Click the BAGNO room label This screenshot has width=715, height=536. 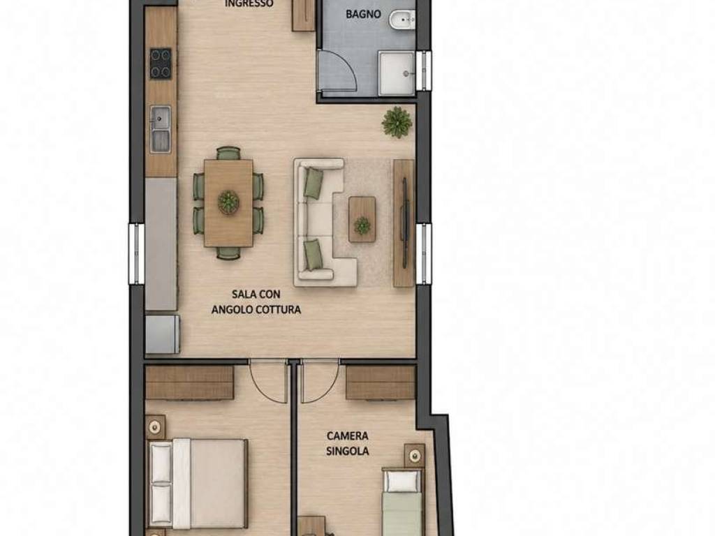[x=363, y=14]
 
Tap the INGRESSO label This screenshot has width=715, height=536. [x=249, y=3]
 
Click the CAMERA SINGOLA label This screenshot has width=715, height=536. [x=348, y=443]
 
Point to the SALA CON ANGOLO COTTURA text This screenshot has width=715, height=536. [x=256, y=301]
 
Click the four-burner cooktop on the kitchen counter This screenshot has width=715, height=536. [x=161, y=64]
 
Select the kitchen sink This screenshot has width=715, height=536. [x=161, y=128]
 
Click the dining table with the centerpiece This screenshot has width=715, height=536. [x=228, y=203]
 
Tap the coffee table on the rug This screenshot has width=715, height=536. [x=362, y=219]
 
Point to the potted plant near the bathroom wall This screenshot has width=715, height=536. [x=397, y=122]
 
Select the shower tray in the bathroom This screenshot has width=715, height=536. [x=397, y=73]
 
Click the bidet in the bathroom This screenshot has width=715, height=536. [x=402, y=20]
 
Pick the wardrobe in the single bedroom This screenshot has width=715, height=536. [x=381, y=382]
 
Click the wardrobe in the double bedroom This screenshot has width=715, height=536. [x=190, y=382]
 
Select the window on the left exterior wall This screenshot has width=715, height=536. [x=136, y=254]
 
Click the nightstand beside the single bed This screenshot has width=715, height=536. [x=415, y=454]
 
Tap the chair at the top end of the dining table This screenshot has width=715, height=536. [x=228, y=153]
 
